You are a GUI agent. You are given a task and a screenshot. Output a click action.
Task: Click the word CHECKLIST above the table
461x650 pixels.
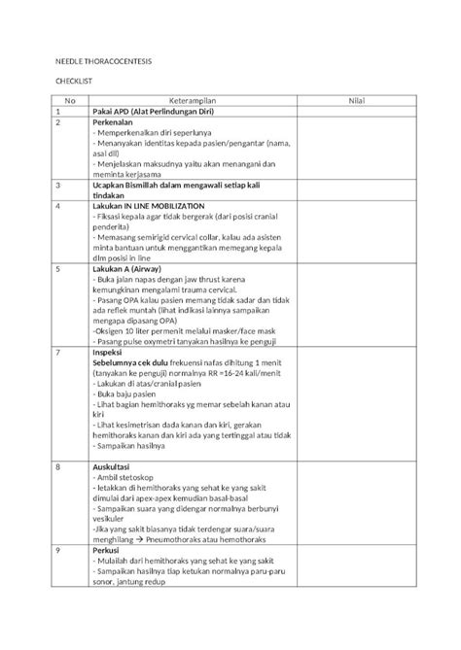tap(70, 85)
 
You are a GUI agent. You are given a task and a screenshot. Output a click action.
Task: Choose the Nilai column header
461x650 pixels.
tap(357, 101)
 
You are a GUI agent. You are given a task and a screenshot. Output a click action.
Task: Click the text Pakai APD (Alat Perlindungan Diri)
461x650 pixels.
tap(159, 113)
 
